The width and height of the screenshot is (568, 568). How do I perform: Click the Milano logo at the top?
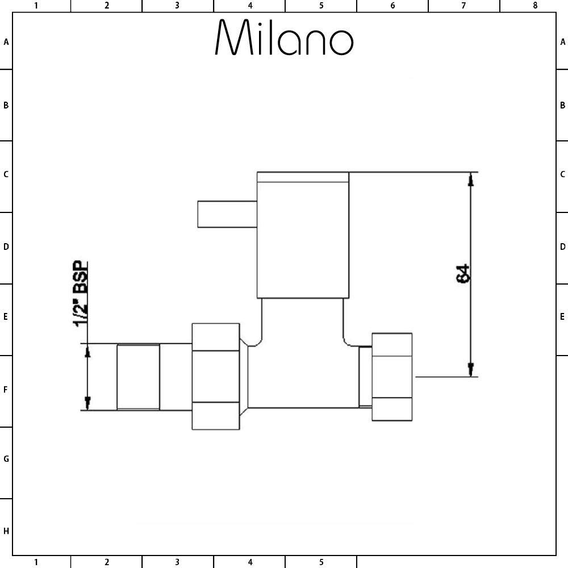[x=284, y=37]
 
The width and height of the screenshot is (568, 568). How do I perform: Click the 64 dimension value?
[x=462, y=274]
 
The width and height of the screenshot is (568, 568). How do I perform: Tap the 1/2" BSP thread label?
[x=81, y=294]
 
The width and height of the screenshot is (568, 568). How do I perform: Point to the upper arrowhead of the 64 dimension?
[x=470, y=179]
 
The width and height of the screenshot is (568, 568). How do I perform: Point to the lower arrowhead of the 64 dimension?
[x=470, y=370]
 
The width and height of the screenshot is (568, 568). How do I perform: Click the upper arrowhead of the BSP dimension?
[x=87, y=350]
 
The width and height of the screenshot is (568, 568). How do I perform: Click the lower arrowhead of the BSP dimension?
[x=87, y=403]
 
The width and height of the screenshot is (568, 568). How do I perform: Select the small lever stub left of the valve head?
[x=227, y=214]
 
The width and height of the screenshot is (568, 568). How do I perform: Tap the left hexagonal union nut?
[x=215, y=377]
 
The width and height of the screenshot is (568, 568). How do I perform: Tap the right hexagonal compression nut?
[x=392, y=377]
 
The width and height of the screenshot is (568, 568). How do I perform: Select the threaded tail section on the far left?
[x=138, y=377]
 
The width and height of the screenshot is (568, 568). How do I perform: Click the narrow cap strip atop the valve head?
[x=303, y=177]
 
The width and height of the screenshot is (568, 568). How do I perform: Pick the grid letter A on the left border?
[x=6, y=42]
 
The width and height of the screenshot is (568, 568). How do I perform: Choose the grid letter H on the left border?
[x=6, y=531]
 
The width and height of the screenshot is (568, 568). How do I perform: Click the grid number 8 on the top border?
[x=535, y=6]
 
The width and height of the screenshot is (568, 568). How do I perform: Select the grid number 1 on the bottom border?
[x=36, y=562]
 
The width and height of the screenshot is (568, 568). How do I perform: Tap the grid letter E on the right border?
[x=562, y=316]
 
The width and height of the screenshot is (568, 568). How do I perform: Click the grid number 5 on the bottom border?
[x=321, y=562]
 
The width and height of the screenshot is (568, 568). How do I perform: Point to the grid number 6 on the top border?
[x=392, y=6]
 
